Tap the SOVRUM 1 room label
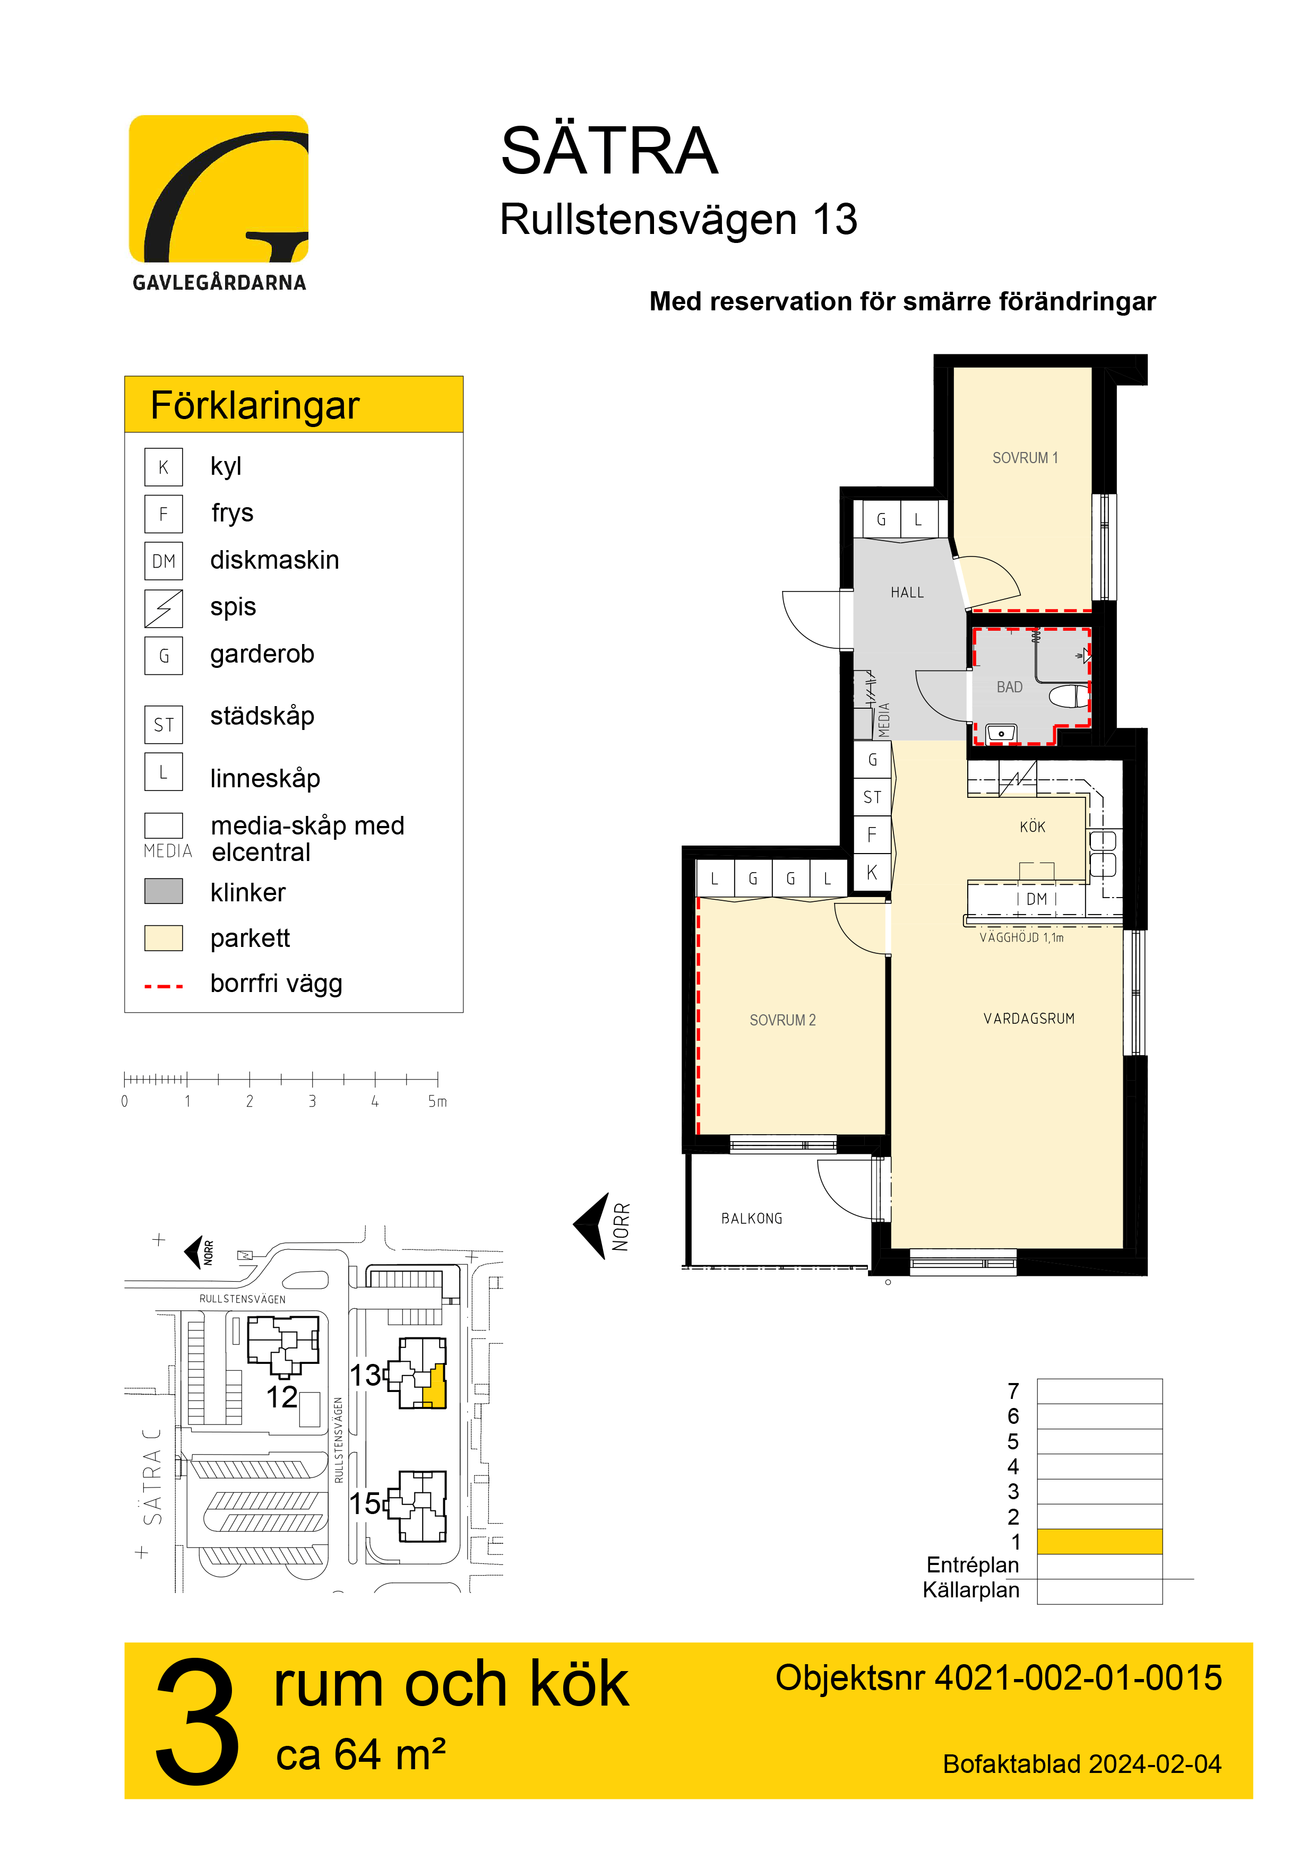pos(1025,458)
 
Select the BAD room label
pos(1010,688)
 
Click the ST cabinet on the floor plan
pos(873,797)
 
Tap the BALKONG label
pos(752,1218)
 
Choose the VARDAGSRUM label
pos(1029,1019)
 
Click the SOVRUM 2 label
pos(782,1021)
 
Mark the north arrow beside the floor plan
pos(592,1225)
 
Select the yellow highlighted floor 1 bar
pos(1099,1541)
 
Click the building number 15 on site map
pos(365,1503)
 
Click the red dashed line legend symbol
pos(164,986)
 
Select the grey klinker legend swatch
pos(164,892)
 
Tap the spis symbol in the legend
pos(164,608)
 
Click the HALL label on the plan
pos(907,593)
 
